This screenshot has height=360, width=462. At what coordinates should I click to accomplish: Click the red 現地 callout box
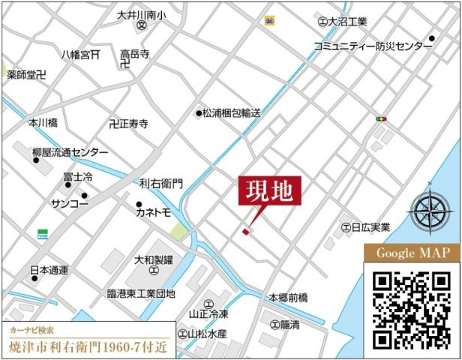[x=270, y=190]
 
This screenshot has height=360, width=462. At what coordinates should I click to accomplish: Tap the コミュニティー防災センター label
[x=372, y=46]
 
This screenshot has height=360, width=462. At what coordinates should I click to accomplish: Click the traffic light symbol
[x=382, y=118]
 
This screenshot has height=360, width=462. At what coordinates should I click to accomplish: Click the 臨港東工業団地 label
[x=141, y=293]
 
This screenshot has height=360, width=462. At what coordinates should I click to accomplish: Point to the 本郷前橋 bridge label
[x=289, y=298]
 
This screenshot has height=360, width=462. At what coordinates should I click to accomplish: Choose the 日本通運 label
[x=49, y=269]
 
